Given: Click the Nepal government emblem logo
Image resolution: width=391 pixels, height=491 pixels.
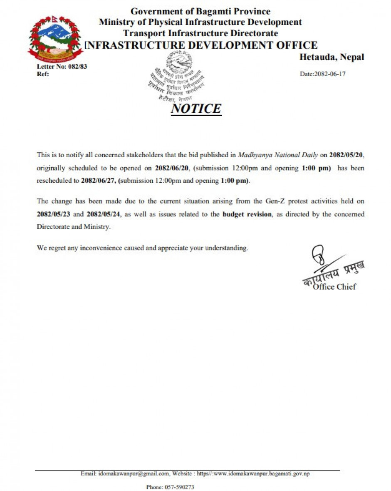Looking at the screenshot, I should click(x=55, y=38).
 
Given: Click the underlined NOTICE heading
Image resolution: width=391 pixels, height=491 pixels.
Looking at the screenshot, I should click(x=196, y=109).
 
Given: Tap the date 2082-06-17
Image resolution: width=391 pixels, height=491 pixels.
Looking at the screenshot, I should click(x=323, y=74).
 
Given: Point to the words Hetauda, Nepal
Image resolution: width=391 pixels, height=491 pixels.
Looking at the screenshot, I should click(x=332, y=57).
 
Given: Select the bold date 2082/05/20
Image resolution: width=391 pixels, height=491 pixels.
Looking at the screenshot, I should click(x=346, y=155).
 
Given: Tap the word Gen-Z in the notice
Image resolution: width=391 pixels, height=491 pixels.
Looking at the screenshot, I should click(x=275, y=201).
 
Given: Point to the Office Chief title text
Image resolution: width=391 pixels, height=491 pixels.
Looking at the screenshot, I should click(x=334, y=287).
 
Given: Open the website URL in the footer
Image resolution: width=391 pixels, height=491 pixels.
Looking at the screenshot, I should click(x=253, y=474).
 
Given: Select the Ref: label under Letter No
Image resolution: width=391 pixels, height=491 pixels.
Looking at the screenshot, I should click(x=43, y=74).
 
